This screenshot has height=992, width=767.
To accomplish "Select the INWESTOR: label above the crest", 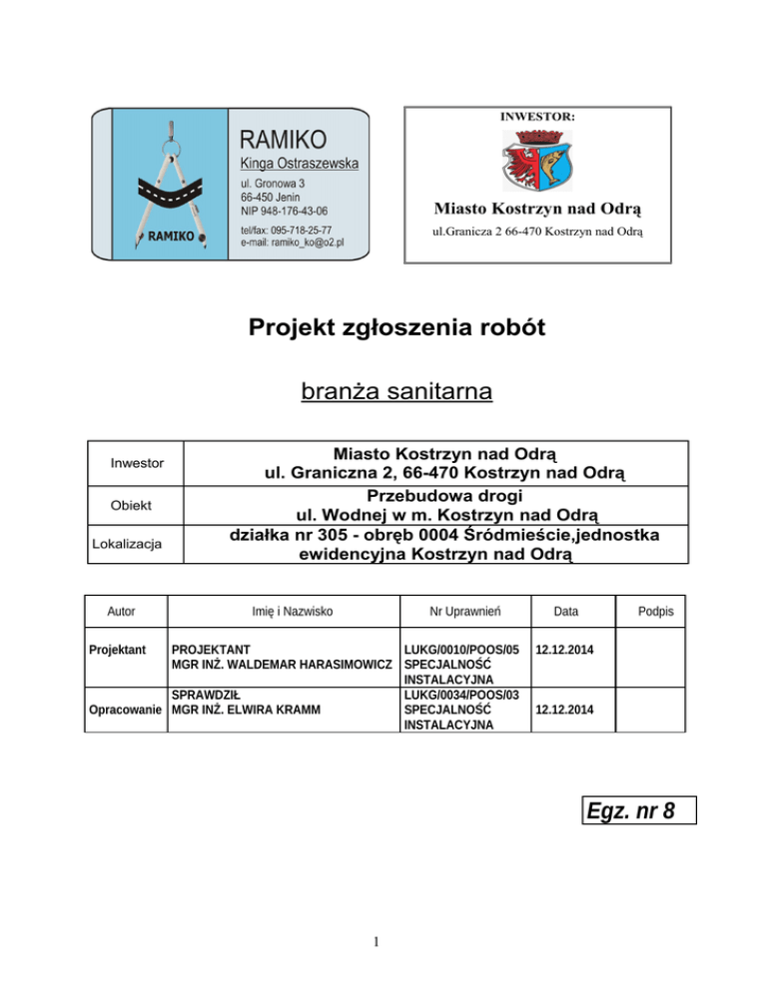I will click(x=536, y=117).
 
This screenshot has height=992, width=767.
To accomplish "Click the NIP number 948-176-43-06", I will click(x=284, y=211).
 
